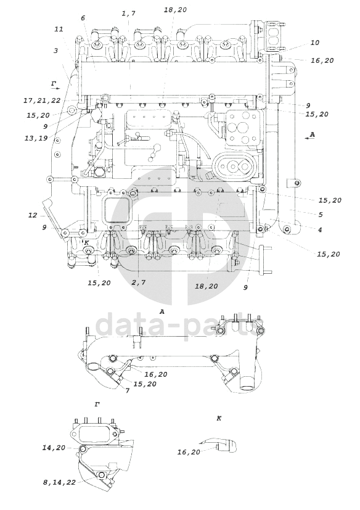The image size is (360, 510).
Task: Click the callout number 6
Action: pos(83,18)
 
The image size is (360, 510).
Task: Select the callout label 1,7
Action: pos(128,14)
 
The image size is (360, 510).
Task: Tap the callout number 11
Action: pos(59,29)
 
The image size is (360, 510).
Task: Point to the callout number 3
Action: pos(56,51)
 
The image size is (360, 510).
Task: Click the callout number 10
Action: pos(315,43)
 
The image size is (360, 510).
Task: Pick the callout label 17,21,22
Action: pos(42,101)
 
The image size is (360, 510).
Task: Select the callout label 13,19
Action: pos(36,138)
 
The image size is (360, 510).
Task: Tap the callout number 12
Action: pos(33,215)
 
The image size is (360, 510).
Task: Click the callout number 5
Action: pos(321,215)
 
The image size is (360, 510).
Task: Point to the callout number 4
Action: pos(320,229)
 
